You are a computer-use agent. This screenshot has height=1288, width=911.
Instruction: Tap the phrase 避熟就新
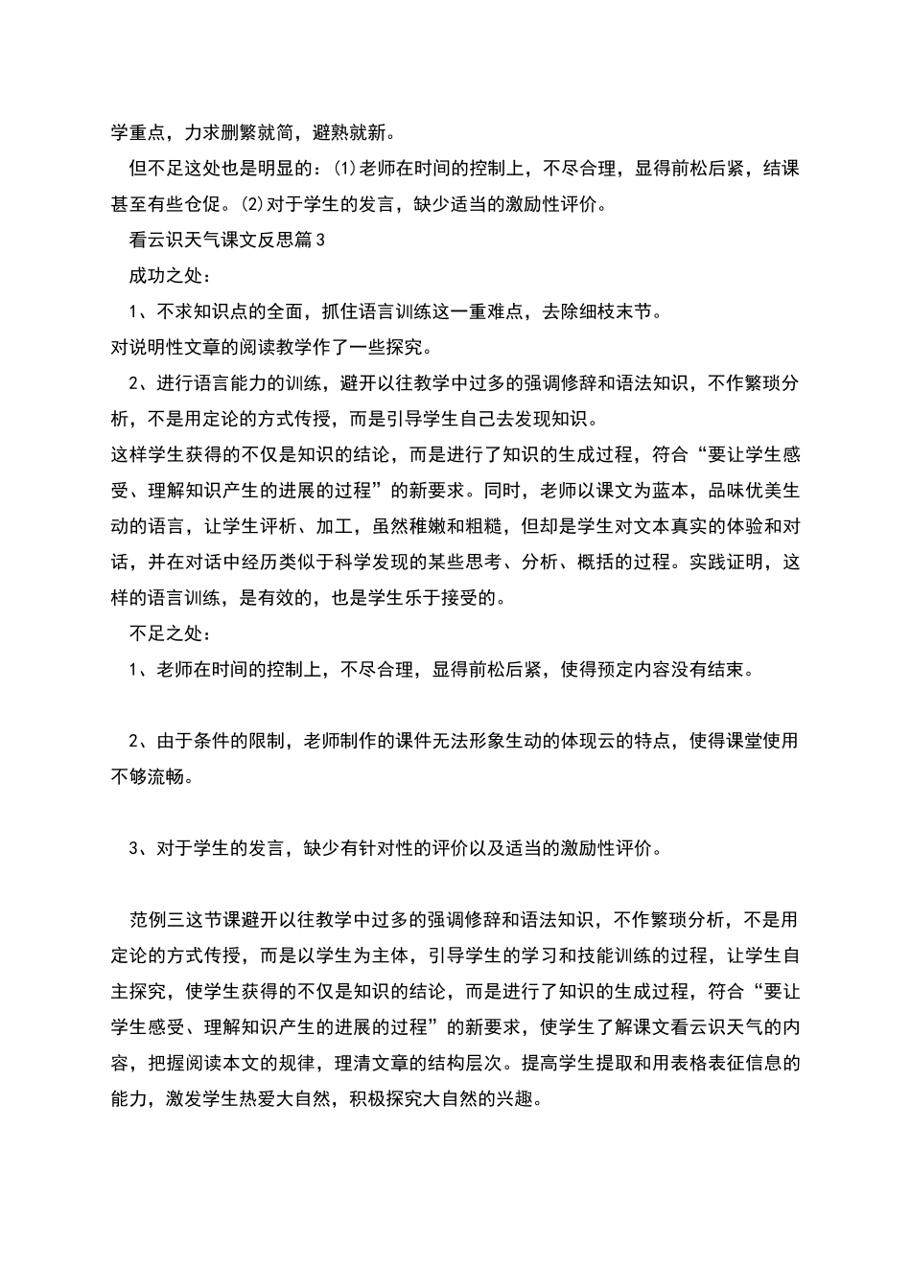click(349, 133)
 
